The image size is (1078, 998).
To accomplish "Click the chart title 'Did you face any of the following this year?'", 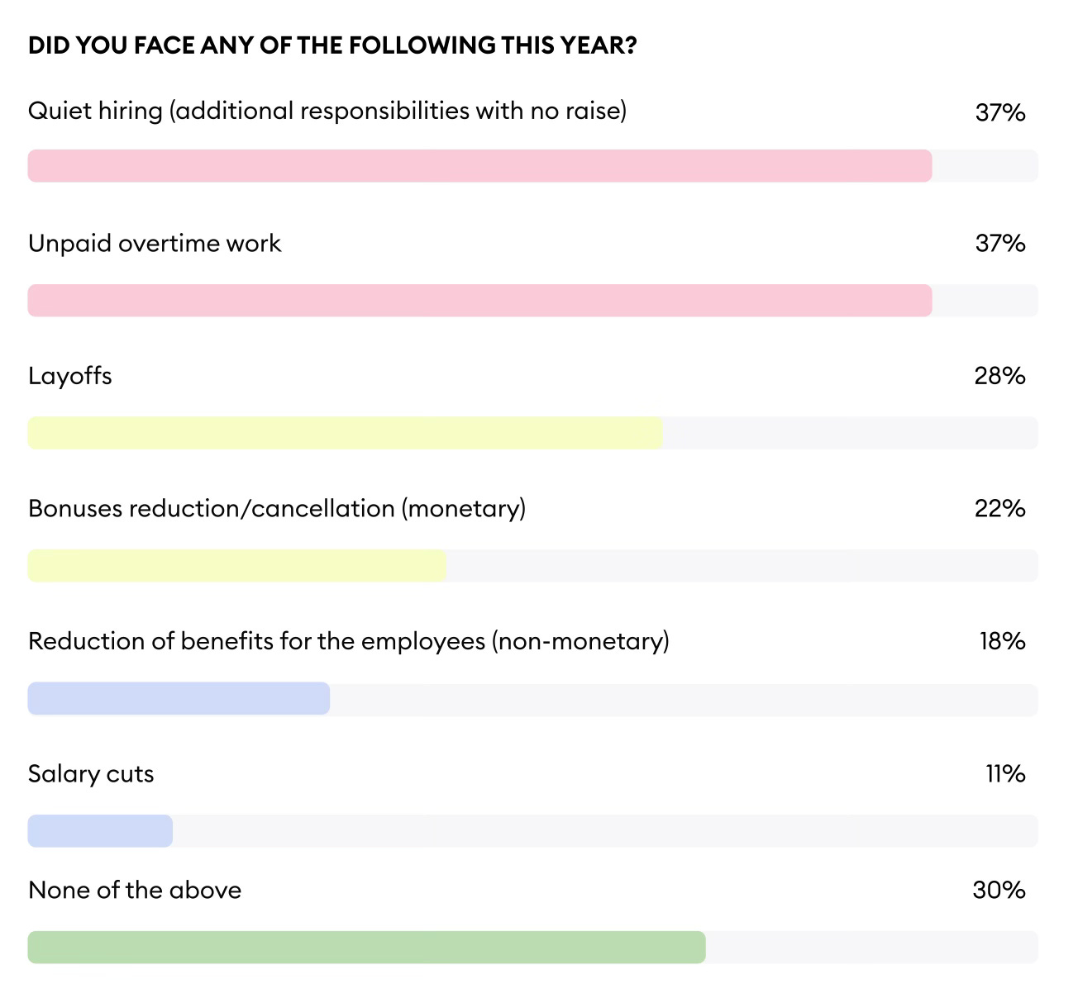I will (332, 45).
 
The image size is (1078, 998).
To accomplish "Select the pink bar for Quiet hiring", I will (479, 166).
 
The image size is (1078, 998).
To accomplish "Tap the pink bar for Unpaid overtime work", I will (479, 301).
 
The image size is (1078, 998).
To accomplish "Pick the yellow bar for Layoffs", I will (345, 433).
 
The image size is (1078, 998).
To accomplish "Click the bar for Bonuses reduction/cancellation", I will (236, 566).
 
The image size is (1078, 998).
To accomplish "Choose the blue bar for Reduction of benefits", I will (179, 699).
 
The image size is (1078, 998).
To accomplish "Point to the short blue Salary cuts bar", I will (100, 831).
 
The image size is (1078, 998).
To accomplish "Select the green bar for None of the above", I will (366, 948).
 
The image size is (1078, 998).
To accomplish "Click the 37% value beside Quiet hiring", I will (999, 112).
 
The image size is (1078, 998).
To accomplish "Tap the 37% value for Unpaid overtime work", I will (999, 244).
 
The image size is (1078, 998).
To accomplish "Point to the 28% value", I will (999, 377).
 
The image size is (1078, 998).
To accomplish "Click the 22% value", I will (999, 509).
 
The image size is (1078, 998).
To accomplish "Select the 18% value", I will (1002, 641).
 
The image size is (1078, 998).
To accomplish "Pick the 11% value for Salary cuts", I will (1005, 774).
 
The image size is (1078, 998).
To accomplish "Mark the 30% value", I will (999, 891).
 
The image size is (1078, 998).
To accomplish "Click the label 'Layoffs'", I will (70, 377).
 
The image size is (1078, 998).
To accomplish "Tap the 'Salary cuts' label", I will (91, 774).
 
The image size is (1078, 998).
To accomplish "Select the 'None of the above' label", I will (135, 891).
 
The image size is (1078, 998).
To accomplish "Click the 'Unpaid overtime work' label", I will (155, 244).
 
